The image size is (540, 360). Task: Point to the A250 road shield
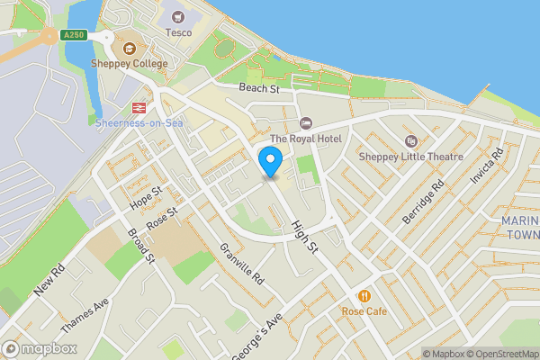pyautogui.click(x=74, y=34)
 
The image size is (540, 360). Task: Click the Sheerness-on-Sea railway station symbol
pyautogui.click(x=138, y=106)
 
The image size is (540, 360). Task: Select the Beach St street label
pyautogui.click(x=261, y=88)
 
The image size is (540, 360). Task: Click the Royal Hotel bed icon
pyautogui.click(x=305, y=122)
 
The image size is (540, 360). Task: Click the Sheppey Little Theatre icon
pyautogui.click(x=411, y=140)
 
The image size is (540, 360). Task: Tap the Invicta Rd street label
pyautogui.click(x=482, y=167)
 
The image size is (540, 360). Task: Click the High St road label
pyautogui.click(x=305, y=231)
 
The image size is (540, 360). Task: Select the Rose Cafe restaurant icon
pyautogui.click(x=364, y=295)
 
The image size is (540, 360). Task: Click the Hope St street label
pyautogui.click(x=145, y=198)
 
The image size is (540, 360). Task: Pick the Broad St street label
pyautogui.click(x=142, y=245)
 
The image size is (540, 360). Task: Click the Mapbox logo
pyautogui.click(x=40, y=348)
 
